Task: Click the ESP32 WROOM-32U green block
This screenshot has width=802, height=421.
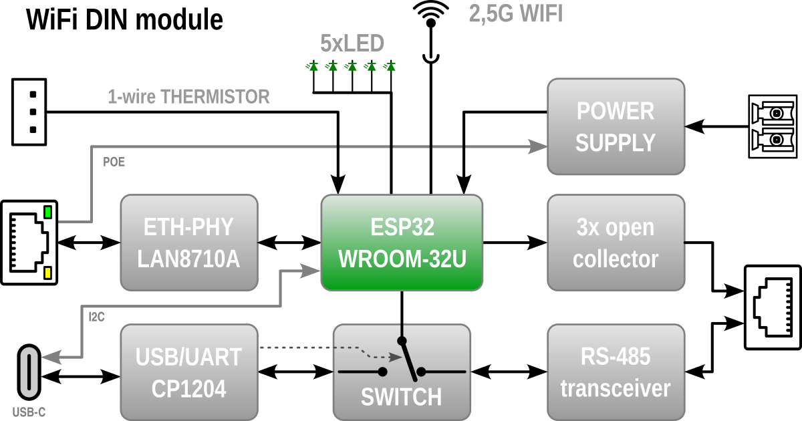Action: click(x=402, y=243)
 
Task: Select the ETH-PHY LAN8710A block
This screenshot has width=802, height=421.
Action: click(x=189, y=243)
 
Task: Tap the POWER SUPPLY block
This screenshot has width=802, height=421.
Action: click(x=616, y=127)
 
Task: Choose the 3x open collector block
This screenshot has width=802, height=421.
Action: click(x=616, y=243)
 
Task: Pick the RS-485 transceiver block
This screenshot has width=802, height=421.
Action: click(x=616, y=372)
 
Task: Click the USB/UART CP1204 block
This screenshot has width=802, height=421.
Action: click(x=189, y=372)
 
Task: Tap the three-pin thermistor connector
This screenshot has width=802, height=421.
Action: click(x=29, y=112)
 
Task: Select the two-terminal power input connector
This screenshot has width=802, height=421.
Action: click(x=773, y=126)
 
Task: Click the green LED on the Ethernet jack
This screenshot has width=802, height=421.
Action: click(x=47, y=213)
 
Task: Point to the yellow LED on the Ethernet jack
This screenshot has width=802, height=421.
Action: click(x=47, y=273)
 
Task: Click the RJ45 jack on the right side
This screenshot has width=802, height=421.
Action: click(x=773, y=307)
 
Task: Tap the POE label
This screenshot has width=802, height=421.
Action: click(x=114, y=162)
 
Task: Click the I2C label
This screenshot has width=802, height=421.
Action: click(x=96, y=317)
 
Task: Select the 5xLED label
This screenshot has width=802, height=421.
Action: click(x=352, y=44)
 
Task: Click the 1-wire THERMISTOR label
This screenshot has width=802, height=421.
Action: click(x=189, y=97)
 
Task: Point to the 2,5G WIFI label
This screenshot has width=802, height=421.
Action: click(x=515, y=14)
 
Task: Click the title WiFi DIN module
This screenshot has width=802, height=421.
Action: click(x=124, y=20)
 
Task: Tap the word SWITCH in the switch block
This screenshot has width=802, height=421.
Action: click(x=401, y=397)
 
